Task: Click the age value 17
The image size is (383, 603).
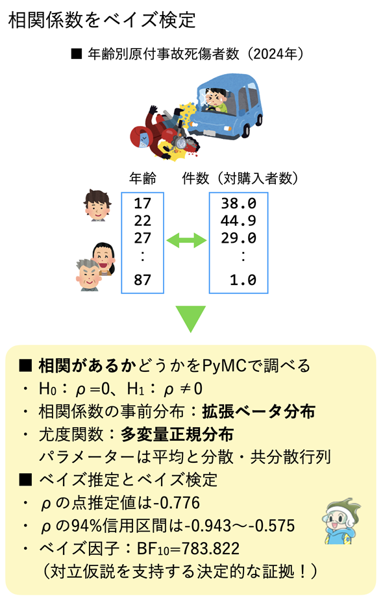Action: (x=142, y=203)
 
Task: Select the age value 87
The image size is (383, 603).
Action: (x=142, y=280)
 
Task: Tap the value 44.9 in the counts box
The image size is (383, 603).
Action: (x=238, y=221)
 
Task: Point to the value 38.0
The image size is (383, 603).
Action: (x=238, y=203)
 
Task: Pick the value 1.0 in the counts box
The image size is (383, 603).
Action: (x=243, y=280)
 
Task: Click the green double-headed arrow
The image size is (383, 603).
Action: (x=186, y=240)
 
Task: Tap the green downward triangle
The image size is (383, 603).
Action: (x=191, y=319)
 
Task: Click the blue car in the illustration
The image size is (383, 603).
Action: (x=227, y=107)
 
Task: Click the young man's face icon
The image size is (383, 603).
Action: (x=97, y=205)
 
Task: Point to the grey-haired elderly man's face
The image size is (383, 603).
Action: (x=88, y=275)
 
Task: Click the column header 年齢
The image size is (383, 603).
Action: (x=143, y=178)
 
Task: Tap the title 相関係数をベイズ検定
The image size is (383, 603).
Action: (x=102, y=20)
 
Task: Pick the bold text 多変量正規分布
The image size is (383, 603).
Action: (x=177, y=434)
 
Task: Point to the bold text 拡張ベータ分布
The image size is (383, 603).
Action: (x=259, y=412)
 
